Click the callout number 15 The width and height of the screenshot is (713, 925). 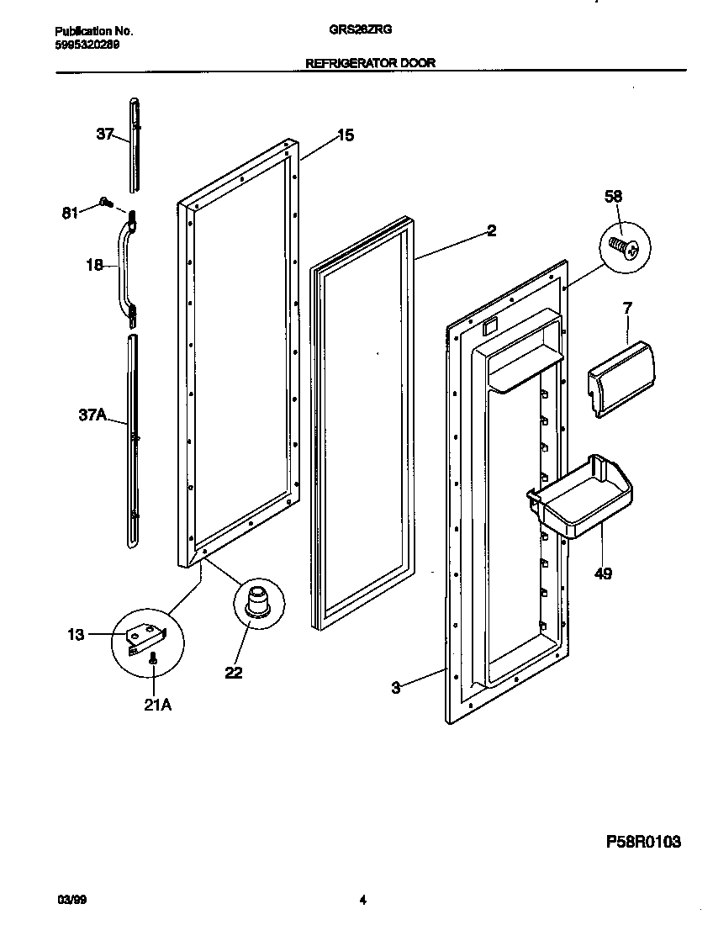tap(346, 135)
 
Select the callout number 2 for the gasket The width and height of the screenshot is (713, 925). tap(491, 231)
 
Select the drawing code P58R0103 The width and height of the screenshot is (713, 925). tap(642, 841)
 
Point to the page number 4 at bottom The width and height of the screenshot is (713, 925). tap(362, 901)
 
